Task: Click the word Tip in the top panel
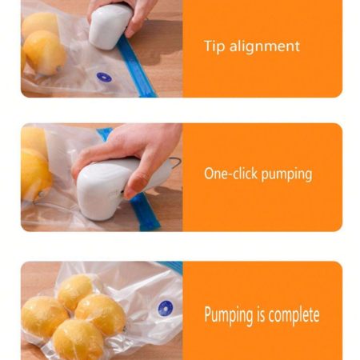pos(214,46)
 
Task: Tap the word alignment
pos(265,46)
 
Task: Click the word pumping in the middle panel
pos(286,175)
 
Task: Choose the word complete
pos(294,314)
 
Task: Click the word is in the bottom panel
pos(261,314)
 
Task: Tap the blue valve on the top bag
pos(104,78)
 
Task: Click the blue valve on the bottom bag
pos(166,308)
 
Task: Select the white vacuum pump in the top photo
pos(110,26)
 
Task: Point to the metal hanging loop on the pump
pos(175,162)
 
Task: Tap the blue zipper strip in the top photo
pos(136,66)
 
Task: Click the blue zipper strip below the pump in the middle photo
pos(146,212)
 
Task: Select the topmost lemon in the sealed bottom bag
pos(76,292)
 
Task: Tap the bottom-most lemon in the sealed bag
pos(78,339)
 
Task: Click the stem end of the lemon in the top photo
pos(58,69)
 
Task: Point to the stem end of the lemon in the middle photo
pos(41,194)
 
